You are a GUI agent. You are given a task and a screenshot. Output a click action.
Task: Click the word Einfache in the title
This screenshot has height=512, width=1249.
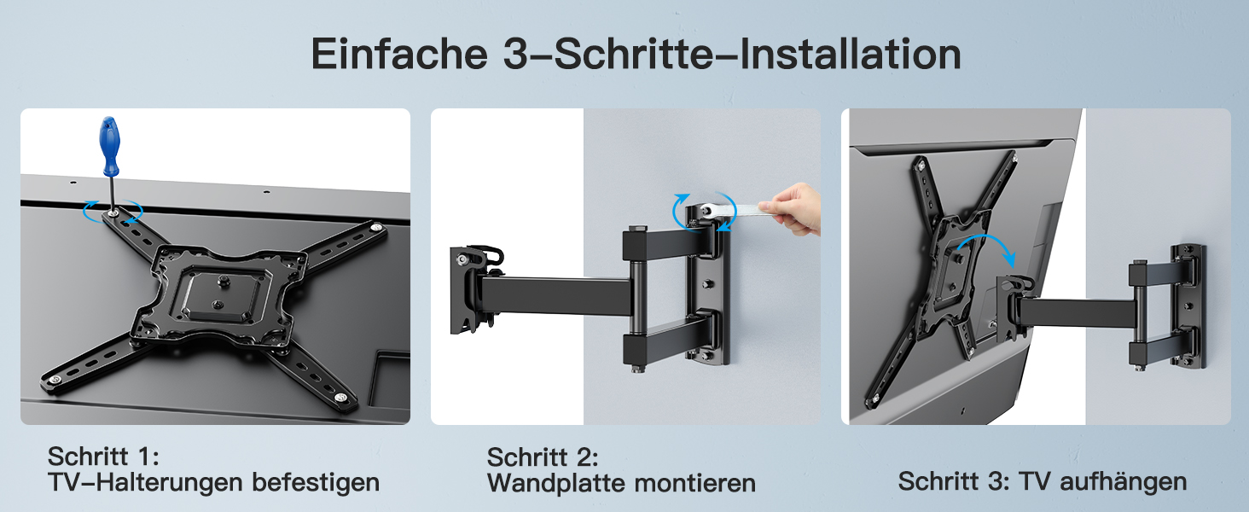[399, 54]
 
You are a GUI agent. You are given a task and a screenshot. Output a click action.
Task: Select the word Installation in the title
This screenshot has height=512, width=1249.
[850, 54]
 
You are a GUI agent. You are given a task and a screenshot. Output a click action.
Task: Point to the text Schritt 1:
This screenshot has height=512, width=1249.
[103, 457]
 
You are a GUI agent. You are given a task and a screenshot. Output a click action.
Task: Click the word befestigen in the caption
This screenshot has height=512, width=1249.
[316, 482]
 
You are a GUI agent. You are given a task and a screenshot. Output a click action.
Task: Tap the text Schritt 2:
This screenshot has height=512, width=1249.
[543, 457]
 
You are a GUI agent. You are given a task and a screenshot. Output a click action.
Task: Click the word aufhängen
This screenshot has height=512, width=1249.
[1123, 481]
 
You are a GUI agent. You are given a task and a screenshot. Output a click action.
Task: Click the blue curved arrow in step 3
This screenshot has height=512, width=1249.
[986, 246]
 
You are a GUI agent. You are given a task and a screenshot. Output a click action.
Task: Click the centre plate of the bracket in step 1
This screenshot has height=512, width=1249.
[219, 294]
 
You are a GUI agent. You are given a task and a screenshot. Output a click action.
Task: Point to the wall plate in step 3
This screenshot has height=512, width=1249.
[1188, 305]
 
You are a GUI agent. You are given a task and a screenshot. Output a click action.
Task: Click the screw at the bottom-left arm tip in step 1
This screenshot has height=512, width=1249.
[55, 380]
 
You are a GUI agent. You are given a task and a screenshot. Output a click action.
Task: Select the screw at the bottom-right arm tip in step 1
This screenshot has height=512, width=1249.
[340, 397]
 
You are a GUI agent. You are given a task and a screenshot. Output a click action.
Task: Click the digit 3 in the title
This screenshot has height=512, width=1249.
[514, 55]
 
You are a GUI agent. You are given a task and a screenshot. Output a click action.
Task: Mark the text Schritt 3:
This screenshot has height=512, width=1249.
[954, 481]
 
